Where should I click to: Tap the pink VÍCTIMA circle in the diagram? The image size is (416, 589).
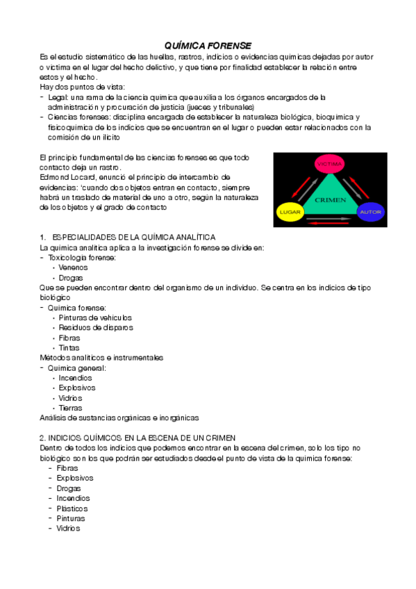point(330,165)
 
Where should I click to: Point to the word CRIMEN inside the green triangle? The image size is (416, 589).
point(330,199)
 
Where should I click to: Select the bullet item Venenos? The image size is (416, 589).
point(74,267)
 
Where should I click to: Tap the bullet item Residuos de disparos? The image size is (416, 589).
point(96,327)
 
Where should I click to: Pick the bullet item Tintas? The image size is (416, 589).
point(69,347)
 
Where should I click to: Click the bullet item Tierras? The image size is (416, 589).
point(71,408)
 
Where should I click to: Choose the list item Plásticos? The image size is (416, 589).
point(72,508)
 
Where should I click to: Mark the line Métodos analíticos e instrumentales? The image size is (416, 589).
point(101,357)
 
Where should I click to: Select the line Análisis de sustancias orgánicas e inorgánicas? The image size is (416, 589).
point(119,417)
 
